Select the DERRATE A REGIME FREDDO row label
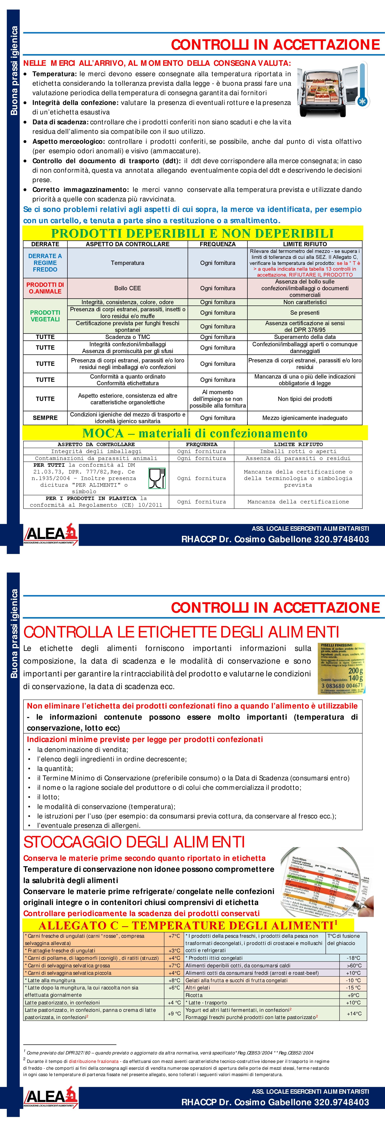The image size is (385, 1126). (45, 263)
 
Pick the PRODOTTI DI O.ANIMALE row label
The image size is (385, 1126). (45, 288)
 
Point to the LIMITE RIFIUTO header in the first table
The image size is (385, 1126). (305, 244)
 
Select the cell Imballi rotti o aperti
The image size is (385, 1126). (298, 451)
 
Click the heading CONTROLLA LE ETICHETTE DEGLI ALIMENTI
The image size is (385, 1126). (181, 632)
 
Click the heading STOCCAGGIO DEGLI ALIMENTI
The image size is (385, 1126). (134, 842)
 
